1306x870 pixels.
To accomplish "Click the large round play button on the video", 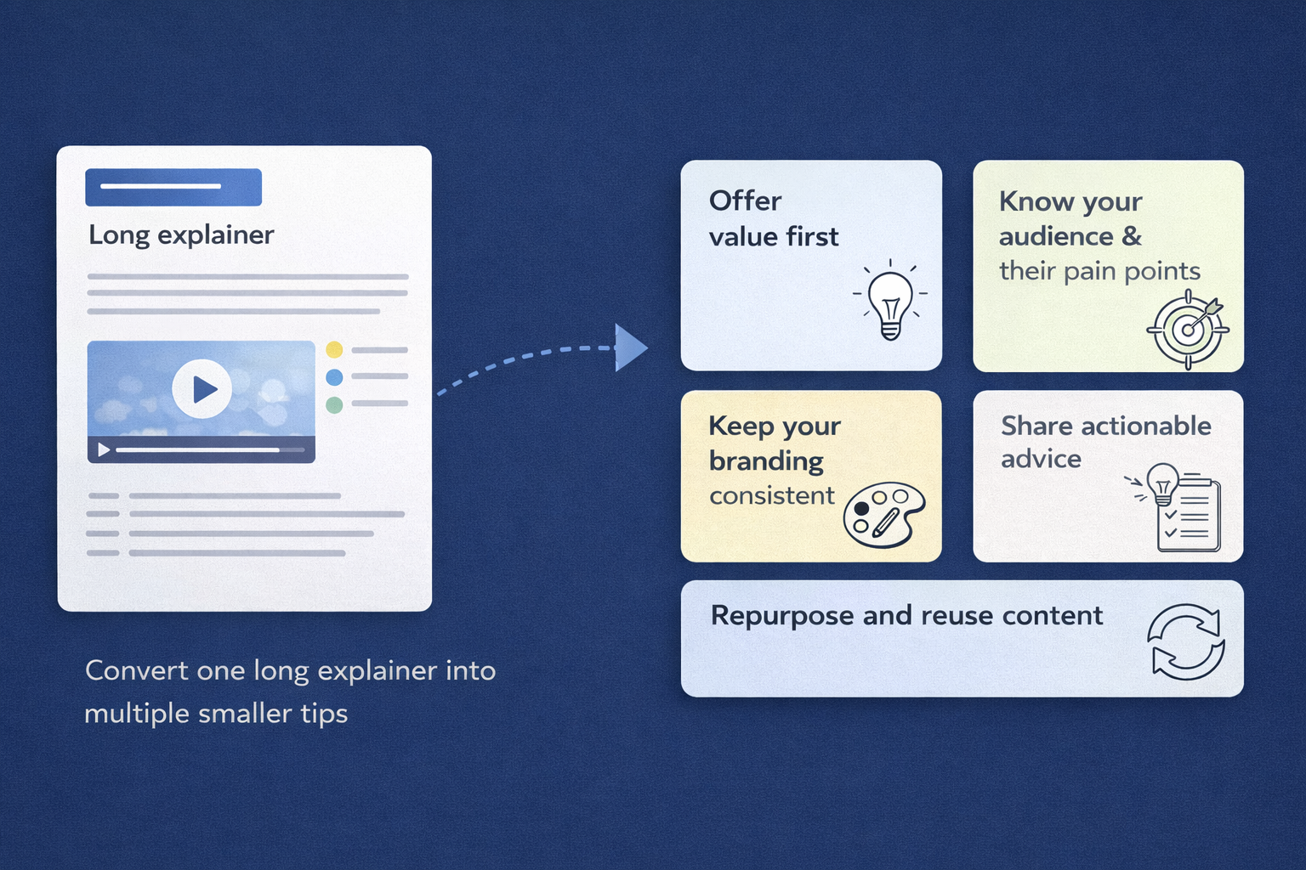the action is [x=202, y=388].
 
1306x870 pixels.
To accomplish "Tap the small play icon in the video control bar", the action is [x=104, y=449].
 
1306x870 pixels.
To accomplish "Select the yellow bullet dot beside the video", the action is [x=334, y=350].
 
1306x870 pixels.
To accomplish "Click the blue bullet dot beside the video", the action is [x=334, y=377].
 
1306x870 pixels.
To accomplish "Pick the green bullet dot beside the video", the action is [x=334, y=404].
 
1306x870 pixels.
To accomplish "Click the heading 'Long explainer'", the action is [x=181, y=235].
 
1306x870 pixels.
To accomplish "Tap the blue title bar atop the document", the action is [x=173, y=187].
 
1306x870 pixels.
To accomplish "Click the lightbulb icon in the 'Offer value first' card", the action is [x=889, y=299].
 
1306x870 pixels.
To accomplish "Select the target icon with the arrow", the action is [x=1188, y=330].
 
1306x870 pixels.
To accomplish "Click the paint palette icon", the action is [x=884, y=514].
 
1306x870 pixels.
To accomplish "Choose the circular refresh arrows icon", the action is [x=1186, y=642].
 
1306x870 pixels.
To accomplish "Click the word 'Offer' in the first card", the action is [x=745, y=201].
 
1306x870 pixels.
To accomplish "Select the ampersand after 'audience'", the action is [x=1132, y=236].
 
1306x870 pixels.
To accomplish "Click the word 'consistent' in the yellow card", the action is [x=772, y=496].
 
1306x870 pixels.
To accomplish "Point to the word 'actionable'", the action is [x=1146, y=426].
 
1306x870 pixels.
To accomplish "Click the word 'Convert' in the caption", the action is [x=137, y=670].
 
